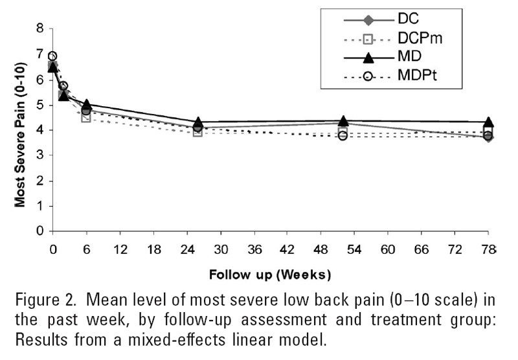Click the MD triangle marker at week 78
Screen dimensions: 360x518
[x=489, y=122]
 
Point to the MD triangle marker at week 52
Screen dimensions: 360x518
[x=343, y=121]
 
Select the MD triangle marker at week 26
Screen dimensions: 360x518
[x=198, y=122]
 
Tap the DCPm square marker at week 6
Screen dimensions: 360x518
[x=86, y=117]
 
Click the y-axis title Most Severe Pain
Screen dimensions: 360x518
[x=20, y=129]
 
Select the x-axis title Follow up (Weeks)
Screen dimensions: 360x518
[x=270, y=274]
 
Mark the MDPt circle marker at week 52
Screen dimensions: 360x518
[x=343, y=136]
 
